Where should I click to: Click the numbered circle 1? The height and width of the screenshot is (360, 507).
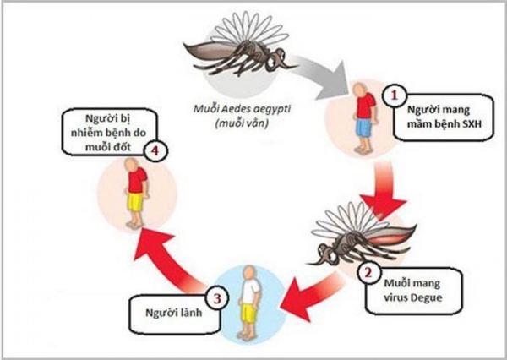[x=391, y=95]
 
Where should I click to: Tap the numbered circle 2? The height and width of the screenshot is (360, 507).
[x=367, y=272]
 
